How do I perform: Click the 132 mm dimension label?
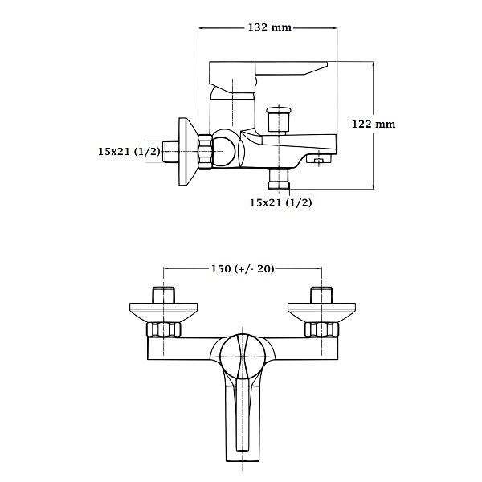pyautogui.click(x=269, y=28)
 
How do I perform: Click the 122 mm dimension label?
pyautogui.click(x=374, y=124)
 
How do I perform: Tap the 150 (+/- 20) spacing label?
pyautogui.click(x=243, y=268)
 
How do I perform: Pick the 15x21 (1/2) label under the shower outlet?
pyautogui.click(x=280, y=202)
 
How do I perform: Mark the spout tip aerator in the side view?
pyautogui.click(x=320, y=161)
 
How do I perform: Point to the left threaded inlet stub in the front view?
pyautogui.click(x=164, y=293)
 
